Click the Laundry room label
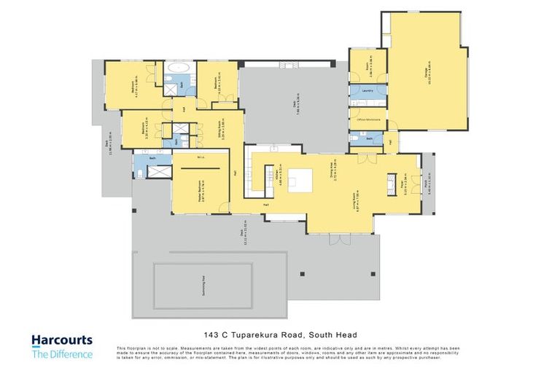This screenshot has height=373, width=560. tap(367, 91)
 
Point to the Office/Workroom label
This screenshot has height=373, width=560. tap(366, 119)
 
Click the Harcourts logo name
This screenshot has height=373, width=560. tap(61, 340)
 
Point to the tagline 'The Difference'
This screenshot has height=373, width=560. tap(61, 354)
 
